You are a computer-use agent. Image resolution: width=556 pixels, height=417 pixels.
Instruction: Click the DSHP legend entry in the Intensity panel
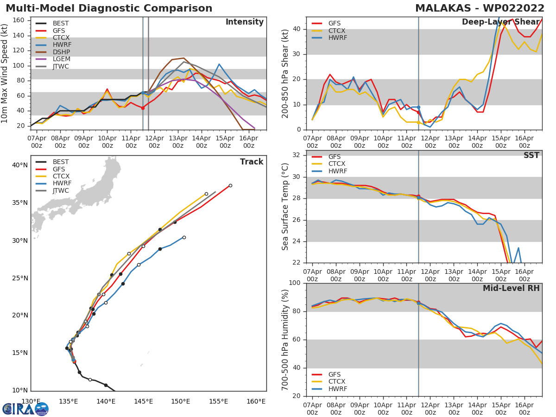coord(53,52)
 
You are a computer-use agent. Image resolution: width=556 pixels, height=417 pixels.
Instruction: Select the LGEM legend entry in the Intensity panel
coord(53,59)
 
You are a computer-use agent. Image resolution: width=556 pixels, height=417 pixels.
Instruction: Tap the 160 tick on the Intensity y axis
coord(19,20)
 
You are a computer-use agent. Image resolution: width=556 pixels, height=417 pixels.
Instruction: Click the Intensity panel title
coord(245,22)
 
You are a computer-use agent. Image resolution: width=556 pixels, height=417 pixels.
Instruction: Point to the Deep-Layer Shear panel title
coord(500,22)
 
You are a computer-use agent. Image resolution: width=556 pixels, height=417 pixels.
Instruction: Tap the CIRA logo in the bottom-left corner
coord(25,409)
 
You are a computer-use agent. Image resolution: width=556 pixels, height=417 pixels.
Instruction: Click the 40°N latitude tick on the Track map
coord(20,165)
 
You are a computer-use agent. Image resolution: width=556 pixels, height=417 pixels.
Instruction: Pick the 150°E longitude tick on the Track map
coord(180,401)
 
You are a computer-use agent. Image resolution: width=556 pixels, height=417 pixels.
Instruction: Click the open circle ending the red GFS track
coord(230,186)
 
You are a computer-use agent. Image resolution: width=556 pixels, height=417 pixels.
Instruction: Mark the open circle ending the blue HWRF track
coord(184,238)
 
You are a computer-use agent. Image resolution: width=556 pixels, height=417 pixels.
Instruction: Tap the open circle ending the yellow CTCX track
coord(206,194)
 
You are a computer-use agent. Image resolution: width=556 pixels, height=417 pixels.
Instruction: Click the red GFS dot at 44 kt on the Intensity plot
coord(143,108)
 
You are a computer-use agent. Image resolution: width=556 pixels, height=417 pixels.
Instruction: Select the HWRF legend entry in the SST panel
coord(329,171)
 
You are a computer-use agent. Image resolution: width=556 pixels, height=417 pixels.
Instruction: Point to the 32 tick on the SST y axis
coord(296,155)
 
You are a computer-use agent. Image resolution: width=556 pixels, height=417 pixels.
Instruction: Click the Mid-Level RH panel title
coord(511,288)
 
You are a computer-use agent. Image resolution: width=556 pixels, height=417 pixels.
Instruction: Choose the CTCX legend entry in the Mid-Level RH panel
coord(328,381)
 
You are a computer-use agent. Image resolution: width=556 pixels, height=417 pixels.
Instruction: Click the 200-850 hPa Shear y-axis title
coord(285,74)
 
